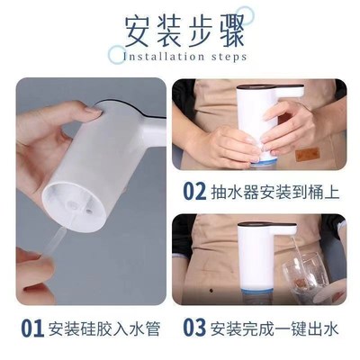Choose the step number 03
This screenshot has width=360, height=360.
(x=195, y=327)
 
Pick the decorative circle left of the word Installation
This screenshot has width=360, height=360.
(x=116, y=55)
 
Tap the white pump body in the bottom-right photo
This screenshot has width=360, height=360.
(x=256, y=261)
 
